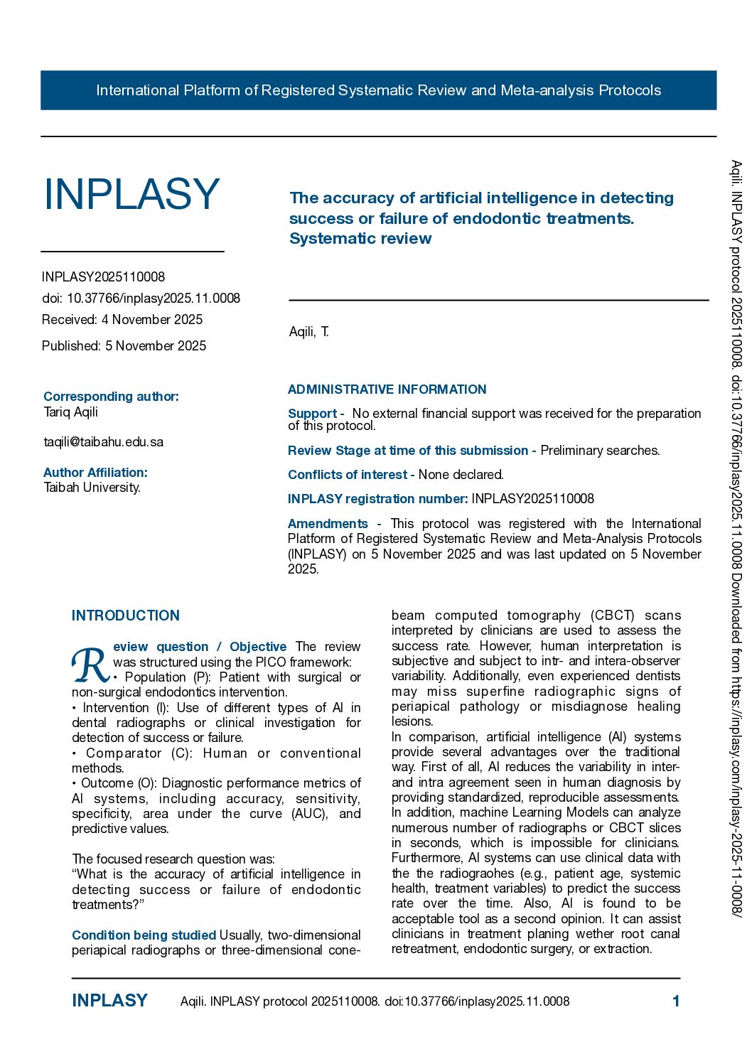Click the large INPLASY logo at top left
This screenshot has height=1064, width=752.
[x=131, y=194]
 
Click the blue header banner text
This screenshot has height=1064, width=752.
[x=378, y=90]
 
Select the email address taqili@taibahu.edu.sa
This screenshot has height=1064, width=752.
[x=104, y=441]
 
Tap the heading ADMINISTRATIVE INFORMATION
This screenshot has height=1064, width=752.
[x=387, y=389]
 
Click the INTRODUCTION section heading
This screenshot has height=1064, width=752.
[x=126, y=616]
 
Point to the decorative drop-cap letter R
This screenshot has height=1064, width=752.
[x=90, y=662]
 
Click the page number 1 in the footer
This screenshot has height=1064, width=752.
[x=676, y=1001]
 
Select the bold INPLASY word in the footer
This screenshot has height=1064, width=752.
[x=109, y=1001]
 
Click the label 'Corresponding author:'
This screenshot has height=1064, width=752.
[x=111, y=396]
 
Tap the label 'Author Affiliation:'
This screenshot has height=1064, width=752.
[x=95, y=472]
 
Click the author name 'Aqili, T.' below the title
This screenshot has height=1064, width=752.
[x=309, y=331]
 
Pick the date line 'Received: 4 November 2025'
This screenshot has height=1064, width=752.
[x=122, y=319]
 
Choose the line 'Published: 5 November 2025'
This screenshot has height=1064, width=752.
[x=124, y=345]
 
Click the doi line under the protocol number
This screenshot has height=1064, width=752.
[x=141, y=298]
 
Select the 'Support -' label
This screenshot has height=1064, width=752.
[x=316, y=413]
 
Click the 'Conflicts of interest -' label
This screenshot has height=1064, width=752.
[x=351, y=474]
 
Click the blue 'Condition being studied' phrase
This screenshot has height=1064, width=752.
[x=144, y=935]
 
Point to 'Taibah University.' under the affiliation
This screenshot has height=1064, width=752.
[x=92, y=487]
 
